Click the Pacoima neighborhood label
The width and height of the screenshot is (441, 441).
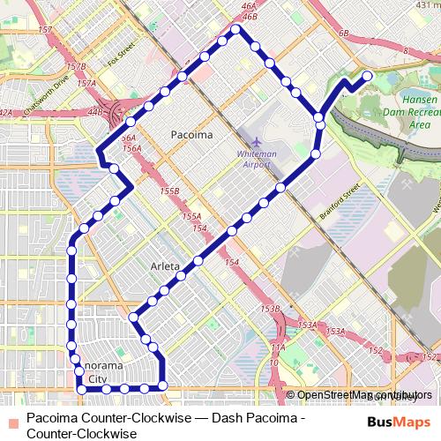click(191, 136)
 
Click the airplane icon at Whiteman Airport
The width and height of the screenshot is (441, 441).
click(257, 141)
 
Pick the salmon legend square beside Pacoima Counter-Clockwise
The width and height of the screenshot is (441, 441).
click(12, 415)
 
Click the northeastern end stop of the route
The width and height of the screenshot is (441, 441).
click(367, 76)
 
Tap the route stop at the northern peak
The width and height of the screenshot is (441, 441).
click(235, 30)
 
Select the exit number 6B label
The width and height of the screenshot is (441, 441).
click(344, 34)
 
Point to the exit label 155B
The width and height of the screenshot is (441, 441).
click(170, 191)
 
